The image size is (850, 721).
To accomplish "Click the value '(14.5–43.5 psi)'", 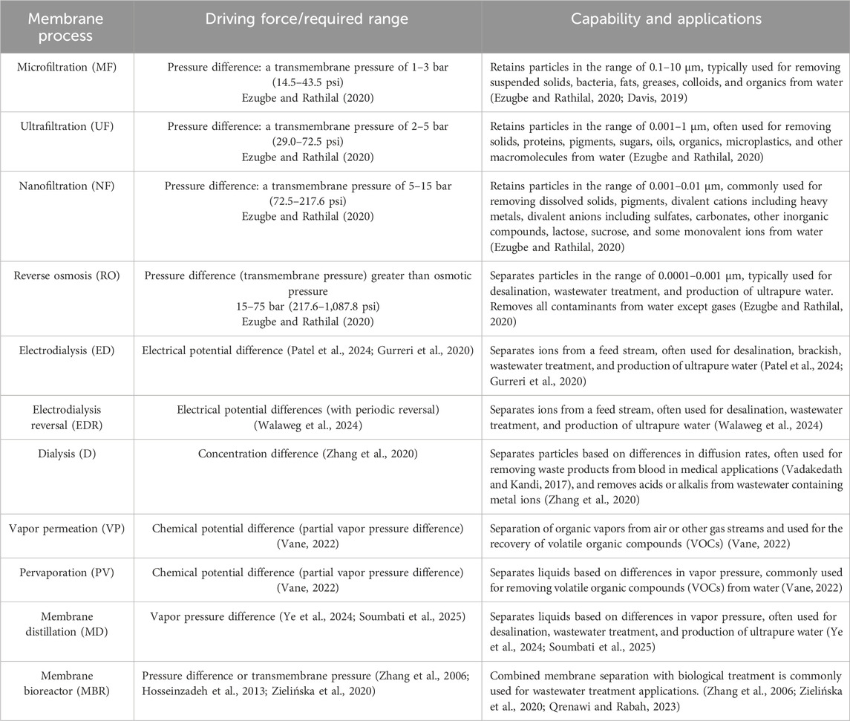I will pos(307,82).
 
